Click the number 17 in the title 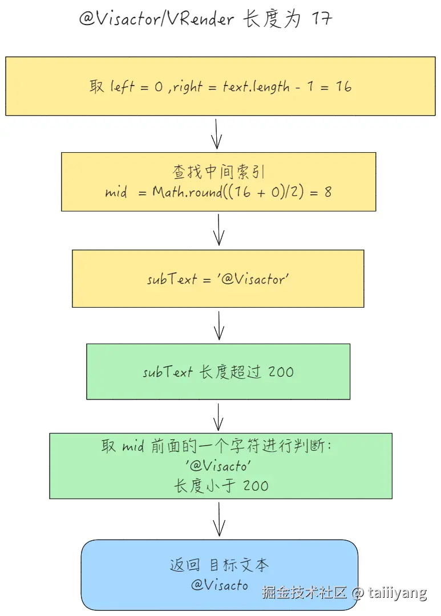click(322, 19)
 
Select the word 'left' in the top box click(122, 87)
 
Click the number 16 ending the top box click(343, 87)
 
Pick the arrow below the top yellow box click(217, 134)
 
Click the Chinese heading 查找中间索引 click(219, 172)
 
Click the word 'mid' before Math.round click(116, 192)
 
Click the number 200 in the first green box click(281, 372)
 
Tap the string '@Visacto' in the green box click(219, 466)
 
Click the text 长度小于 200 click(221, 486)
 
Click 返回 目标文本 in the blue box click(219, 565)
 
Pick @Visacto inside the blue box click(220, 585)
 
